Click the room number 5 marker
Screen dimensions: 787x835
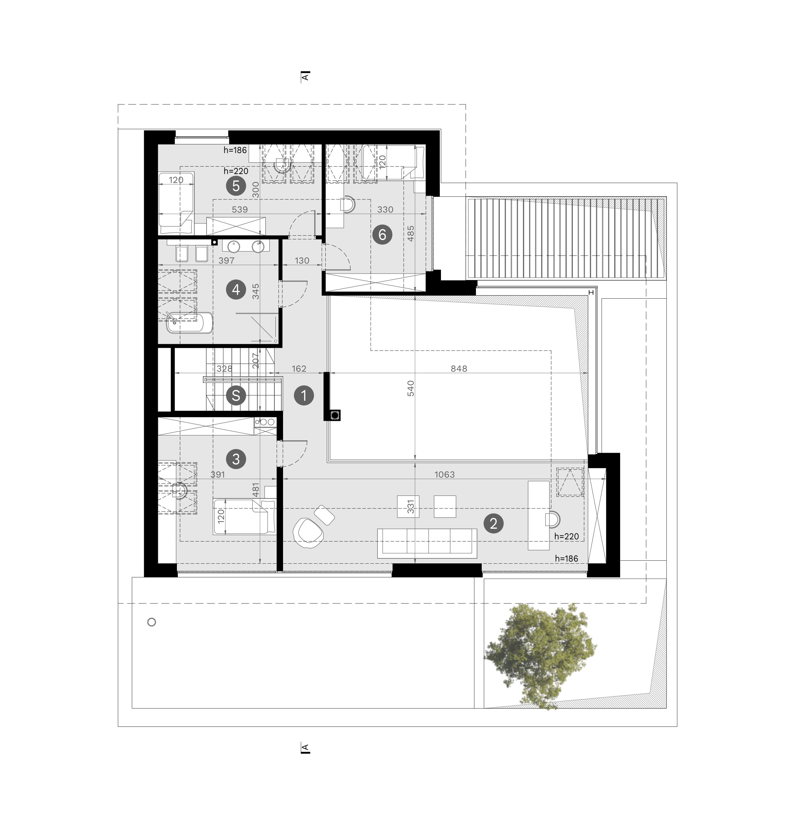pos(236,186)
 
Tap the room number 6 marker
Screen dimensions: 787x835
pos(382,234)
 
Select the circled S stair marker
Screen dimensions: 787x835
pos(236,395)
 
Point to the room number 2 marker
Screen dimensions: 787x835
pos(493,523)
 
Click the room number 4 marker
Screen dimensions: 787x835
pos(236,290)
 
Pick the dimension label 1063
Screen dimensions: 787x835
pos(444,475)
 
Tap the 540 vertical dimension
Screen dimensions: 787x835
pos(411,388)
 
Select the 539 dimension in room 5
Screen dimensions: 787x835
pos(240,209)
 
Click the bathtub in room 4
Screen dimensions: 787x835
pos(189,323)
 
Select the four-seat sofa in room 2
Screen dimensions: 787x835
pos(427,544)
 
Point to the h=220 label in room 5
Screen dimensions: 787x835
pos(236,171)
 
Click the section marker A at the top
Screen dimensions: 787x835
pos(305,76)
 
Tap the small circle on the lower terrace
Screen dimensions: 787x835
pos(152,622)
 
